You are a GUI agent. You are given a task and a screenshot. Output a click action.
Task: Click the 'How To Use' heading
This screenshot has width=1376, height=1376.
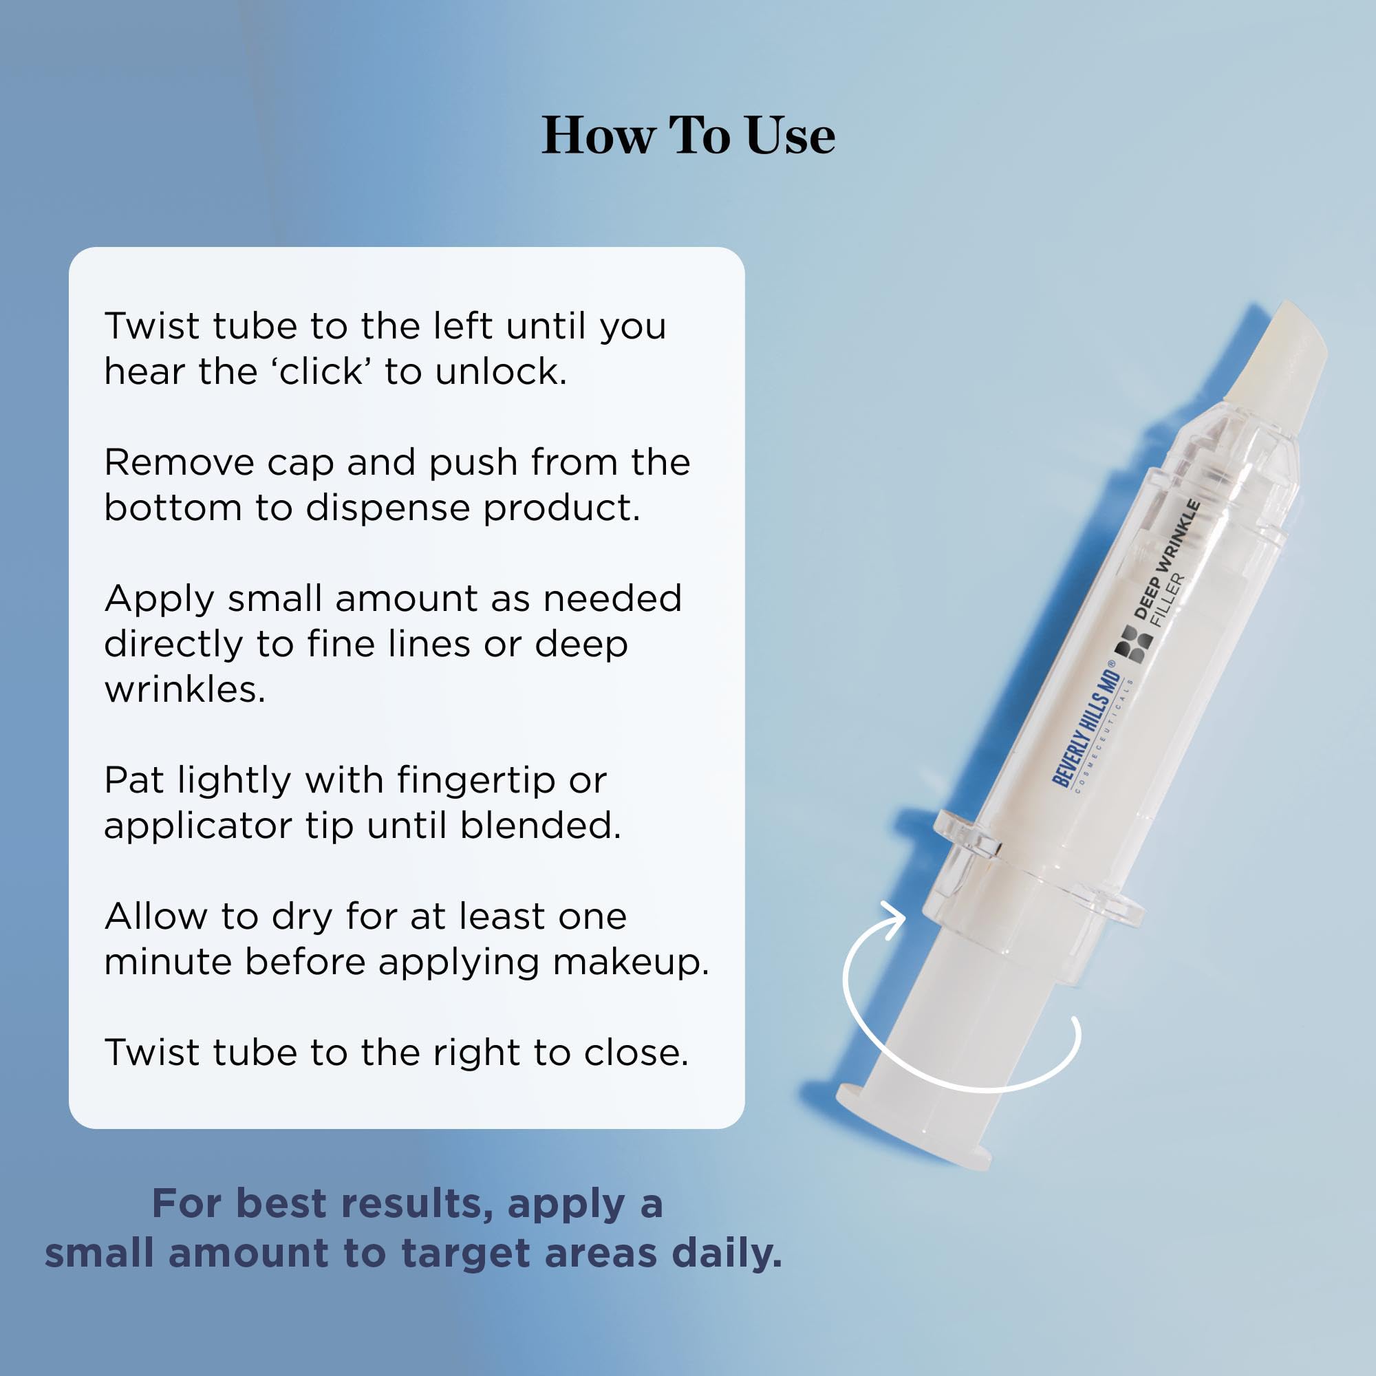tap(688, 136)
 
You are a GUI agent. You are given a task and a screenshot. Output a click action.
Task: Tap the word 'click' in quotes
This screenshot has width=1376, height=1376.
tap(325, 372)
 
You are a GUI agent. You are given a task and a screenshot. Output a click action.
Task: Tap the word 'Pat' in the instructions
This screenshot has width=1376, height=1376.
tap(133, 780)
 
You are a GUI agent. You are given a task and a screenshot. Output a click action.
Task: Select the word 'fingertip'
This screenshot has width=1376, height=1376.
tap(477, 782)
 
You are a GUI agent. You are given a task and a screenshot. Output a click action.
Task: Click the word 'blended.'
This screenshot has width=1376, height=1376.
tap(541, 826)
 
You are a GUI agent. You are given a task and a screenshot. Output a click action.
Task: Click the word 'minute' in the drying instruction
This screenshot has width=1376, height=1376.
tap(168, 962)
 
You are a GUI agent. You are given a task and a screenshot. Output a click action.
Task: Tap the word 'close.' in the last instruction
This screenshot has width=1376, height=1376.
tap(636, 1053)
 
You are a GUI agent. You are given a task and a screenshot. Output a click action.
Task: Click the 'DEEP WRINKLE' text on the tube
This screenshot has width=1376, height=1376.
tap(1168, 559)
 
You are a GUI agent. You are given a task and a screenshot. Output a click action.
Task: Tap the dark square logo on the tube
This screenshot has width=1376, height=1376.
tap(1134, 645)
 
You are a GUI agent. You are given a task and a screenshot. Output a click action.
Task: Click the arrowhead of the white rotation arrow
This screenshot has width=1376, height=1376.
tap(893, 916)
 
